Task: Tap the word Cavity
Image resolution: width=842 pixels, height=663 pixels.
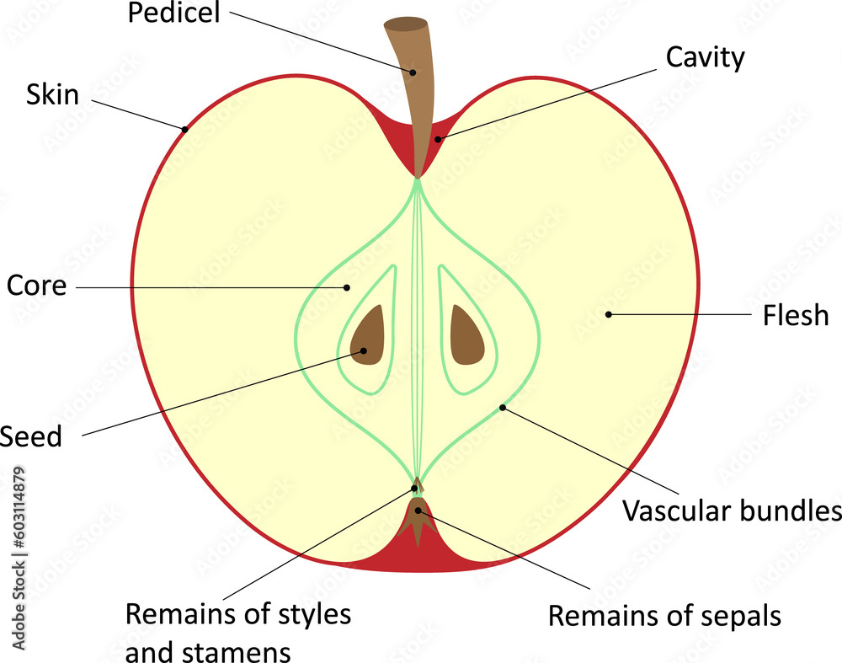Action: pos(705,57)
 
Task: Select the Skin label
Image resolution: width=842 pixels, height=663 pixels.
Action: pos(52,94)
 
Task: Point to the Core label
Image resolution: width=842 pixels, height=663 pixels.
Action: pos(36,286)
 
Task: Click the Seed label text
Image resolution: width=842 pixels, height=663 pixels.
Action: pos(31,436)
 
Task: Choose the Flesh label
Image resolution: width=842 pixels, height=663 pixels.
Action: pos(795,316)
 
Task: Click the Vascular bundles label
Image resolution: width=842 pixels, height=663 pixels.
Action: pos(731,511)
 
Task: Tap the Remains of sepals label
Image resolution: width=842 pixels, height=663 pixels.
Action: pos(664,616)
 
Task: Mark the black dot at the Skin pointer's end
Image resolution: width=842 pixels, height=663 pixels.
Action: pos(184,129)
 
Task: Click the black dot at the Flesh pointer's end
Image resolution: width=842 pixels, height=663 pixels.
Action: pos(609,314)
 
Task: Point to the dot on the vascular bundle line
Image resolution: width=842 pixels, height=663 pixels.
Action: pos(503,408)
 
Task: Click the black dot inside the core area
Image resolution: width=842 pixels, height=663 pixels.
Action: pos(346,287)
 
